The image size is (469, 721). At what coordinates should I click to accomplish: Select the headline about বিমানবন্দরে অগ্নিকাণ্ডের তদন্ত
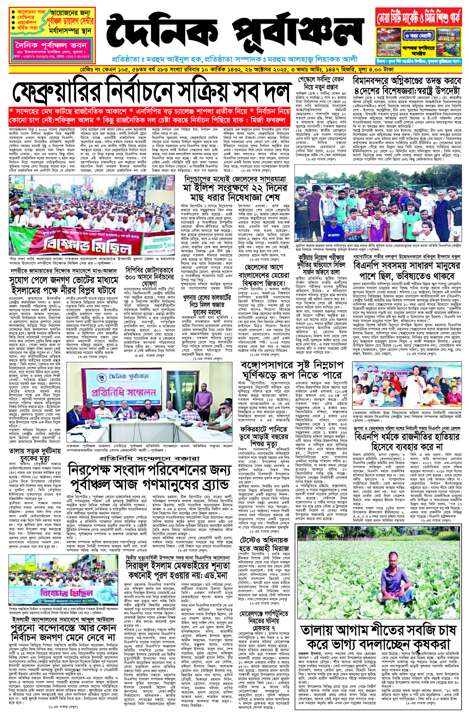tap(407, 86)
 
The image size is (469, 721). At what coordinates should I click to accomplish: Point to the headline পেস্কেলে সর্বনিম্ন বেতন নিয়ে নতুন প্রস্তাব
tap(321, 83)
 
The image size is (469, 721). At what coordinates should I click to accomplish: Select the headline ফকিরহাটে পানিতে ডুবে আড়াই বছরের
tap(264, 437)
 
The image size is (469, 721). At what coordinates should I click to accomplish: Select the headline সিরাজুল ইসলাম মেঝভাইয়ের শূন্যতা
tap(178, 571)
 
